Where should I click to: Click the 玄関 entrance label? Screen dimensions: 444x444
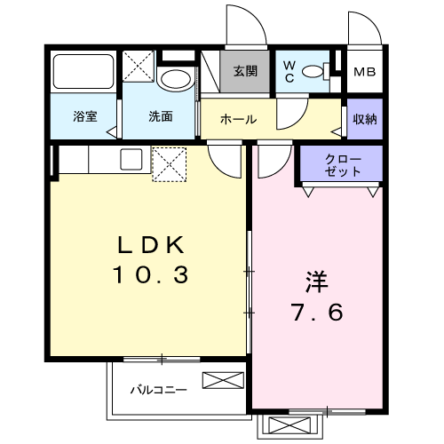point(245,71)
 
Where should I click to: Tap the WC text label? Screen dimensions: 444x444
point(289,72)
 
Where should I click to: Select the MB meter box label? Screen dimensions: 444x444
point(365,72)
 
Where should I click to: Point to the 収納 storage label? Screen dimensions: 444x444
point(365,119)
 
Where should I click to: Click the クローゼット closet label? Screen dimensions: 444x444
point(343,165)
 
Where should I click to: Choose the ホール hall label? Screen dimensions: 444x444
point(238,119)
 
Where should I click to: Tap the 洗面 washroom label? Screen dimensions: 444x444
point(160,116)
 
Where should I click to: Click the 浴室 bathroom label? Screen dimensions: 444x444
point(85,116)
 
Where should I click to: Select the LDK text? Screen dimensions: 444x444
point(151,245)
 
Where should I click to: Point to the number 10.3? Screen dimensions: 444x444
point(150,274)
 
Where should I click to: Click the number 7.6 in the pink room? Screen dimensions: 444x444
point(318,312)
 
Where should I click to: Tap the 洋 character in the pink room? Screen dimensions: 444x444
point(317,281)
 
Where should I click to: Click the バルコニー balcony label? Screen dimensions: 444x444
point(159,390)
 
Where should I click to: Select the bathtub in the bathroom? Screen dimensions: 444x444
point(83,71)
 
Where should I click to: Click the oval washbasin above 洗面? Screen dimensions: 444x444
point(176,80)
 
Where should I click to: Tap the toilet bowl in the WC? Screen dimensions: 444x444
point(313,71)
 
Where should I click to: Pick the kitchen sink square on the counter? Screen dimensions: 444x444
point(131,159)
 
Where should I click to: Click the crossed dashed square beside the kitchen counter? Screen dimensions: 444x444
point(169,164)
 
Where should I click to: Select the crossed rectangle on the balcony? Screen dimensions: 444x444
point(223,380)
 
